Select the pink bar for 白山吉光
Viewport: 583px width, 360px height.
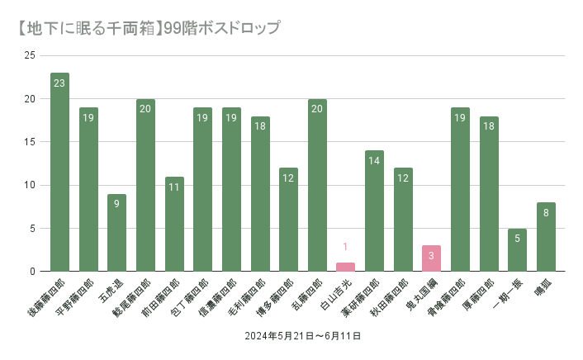pos(345,267)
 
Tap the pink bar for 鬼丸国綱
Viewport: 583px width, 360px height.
pos(431,258)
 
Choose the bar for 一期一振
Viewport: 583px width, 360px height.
pos(517,249)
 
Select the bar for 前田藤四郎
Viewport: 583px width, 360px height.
pos(174,224)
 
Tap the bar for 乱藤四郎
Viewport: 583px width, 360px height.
pos(317,185)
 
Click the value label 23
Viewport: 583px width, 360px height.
pos(59,83)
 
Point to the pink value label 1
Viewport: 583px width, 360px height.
pos(345,246)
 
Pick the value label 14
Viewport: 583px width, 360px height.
pos(374,160)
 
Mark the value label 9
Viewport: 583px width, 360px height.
pos(116,203)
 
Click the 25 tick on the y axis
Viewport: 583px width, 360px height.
pos(30,55)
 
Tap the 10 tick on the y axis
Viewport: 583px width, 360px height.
pos(30,185)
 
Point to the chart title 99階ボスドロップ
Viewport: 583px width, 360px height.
pos(223,27)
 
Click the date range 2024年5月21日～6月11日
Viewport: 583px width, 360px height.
pos(302,337)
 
